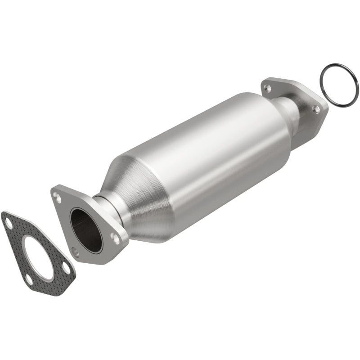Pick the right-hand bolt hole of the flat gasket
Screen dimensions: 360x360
point(66,268)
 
